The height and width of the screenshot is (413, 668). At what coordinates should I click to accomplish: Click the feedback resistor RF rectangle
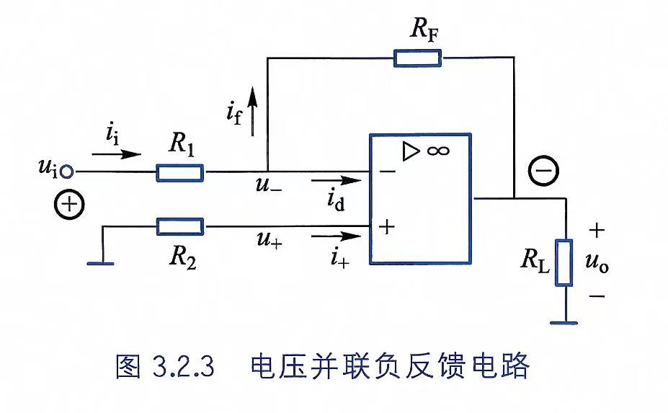point(417,58)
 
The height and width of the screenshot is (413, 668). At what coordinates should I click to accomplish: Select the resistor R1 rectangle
point(179,172)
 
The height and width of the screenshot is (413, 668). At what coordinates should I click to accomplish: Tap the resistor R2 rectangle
point(179,226)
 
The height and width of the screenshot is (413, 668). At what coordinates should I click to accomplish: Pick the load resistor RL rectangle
point(564,262)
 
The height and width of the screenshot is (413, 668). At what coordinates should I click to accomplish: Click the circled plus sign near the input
point(69,204)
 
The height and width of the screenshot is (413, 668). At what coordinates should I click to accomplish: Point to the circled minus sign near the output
point(543,171)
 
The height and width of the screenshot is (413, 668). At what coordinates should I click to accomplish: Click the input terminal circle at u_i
point(66,172)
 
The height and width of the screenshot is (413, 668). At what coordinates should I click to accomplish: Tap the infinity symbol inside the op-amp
point(438,151)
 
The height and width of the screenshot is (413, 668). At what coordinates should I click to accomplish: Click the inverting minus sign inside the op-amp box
point(387,172)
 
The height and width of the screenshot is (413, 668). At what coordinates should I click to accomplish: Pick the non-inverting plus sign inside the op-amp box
point(387,227)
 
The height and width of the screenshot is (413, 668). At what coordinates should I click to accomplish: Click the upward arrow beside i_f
point(253,111)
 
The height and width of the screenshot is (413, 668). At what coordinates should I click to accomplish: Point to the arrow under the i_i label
point(116,154)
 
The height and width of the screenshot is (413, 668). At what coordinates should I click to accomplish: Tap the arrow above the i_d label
point(337,181)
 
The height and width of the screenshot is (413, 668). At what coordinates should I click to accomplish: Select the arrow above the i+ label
point(337,236)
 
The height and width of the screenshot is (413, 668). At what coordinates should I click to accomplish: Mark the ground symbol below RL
point(564,323)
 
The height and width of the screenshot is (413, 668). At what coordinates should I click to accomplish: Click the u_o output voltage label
point(597,262)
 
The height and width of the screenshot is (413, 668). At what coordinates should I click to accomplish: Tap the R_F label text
point(424,30)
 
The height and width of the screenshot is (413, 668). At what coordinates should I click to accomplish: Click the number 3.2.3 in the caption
point(183,365)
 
